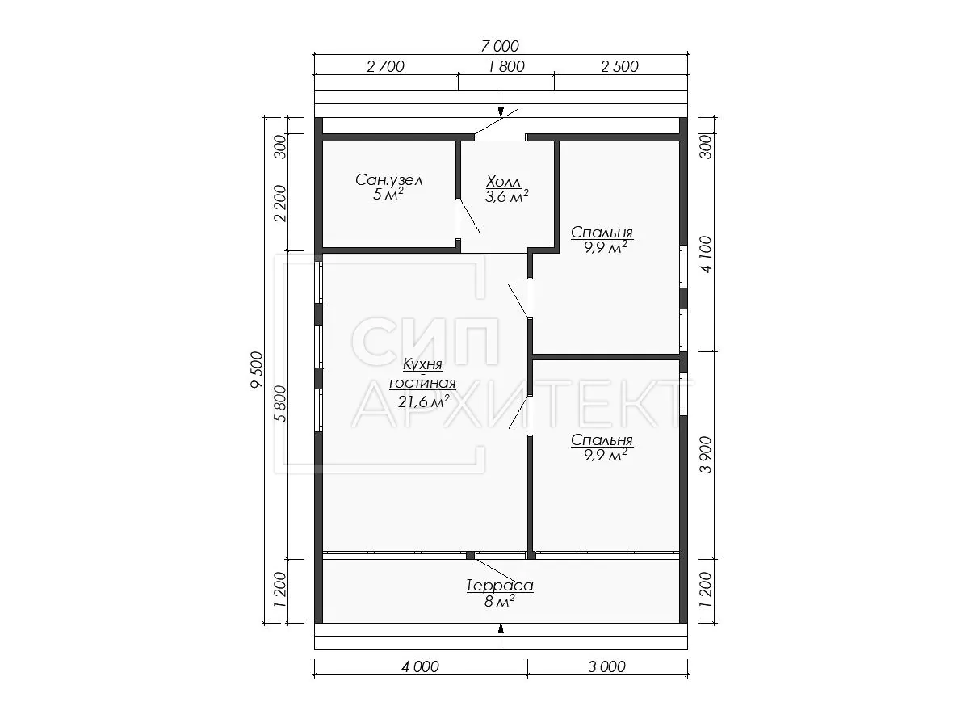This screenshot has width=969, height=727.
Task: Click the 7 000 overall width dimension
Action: point(500,45)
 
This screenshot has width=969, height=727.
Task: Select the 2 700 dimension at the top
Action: point(385,66)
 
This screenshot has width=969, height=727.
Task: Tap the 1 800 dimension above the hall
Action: point(506,66)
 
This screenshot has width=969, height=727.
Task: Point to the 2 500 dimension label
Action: point(619,66)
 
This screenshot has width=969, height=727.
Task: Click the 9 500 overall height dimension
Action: point(257,369)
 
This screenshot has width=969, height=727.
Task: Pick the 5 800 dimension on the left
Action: point(280,403)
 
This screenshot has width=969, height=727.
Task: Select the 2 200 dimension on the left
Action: point(280,204)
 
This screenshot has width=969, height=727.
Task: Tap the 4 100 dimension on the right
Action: point(706,254)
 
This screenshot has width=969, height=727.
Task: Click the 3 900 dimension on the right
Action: point(706,455)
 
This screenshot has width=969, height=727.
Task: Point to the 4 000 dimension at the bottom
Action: point(420,666)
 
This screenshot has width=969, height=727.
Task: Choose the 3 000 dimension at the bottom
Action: point(606,666)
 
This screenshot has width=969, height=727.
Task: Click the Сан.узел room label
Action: point(389,179)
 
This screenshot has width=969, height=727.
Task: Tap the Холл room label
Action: point(503,181)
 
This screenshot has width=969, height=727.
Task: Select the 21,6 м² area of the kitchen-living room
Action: point(423,401)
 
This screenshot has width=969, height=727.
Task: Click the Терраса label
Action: point(500,586)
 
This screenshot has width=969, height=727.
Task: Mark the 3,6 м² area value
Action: point(506,196)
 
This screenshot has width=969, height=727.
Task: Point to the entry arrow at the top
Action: point(501,104)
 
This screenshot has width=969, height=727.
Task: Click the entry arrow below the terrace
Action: point(501,637)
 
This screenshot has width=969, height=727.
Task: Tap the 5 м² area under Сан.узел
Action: point(388,195)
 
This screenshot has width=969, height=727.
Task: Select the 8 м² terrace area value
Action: point(499,601)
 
